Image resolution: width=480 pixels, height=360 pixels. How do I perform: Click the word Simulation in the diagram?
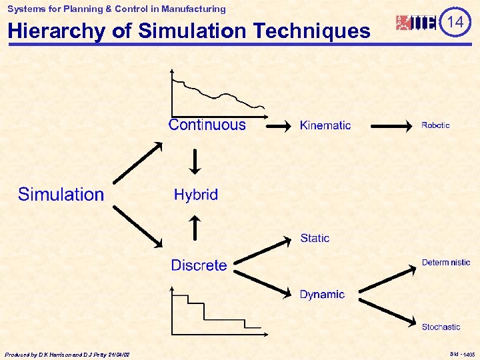pyautogui.click(x=61, y=195)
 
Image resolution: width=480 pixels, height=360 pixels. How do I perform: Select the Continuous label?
pyautogui.click(x=207, y=125)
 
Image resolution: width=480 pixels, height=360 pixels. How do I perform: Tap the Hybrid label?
pyautogui.click(x=195, y=195)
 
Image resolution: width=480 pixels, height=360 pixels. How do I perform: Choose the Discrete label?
pyautogui.click(x=199, y=265)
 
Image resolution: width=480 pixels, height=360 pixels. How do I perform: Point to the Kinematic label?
pyautogui.click(x=325, y=125)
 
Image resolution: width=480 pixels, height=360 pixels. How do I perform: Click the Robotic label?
pyautogui.click(x=435, y=125)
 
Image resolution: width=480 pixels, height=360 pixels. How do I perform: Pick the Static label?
pyautogui.click(x=315, y=238)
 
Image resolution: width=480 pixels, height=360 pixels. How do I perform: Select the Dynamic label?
pyautogui.click(x=322, y=294)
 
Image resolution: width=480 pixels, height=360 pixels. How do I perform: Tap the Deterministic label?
pyautogui.click(x=445, y=263)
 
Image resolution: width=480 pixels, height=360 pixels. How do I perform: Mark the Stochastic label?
pyautogui.click(x=441, y=327)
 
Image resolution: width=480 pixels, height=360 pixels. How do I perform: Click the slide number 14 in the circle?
pyautogui.click(x=455, y=22)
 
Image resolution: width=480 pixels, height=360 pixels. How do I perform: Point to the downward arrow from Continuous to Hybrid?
pyautogui.click(x=195, y=160)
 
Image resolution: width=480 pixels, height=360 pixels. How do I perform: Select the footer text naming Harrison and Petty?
pyautogui.click(x=67, y=355)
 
